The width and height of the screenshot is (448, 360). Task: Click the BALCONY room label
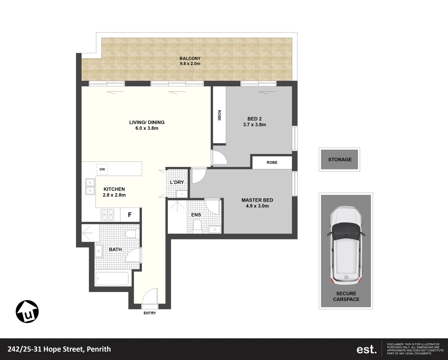190,58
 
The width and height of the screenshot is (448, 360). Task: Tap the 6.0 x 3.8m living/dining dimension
147,128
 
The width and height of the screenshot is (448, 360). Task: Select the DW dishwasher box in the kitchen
102,169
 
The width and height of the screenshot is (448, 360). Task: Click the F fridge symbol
130,215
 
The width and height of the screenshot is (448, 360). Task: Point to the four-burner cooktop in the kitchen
107,215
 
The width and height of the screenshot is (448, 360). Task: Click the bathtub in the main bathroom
112,279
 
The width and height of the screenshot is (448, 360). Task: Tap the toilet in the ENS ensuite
197,227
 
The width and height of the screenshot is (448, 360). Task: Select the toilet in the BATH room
132,233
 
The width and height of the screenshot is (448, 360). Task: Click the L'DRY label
177,182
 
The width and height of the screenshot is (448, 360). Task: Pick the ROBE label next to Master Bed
272,163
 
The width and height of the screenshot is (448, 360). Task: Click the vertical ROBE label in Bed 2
219,115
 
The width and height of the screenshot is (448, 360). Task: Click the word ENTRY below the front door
150,313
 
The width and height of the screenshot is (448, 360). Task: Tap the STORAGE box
340,159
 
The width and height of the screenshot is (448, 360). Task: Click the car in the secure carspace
346,245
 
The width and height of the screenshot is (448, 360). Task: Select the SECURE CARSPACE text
346,296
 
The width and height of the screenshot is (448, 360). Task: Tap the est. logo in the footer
366,349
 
